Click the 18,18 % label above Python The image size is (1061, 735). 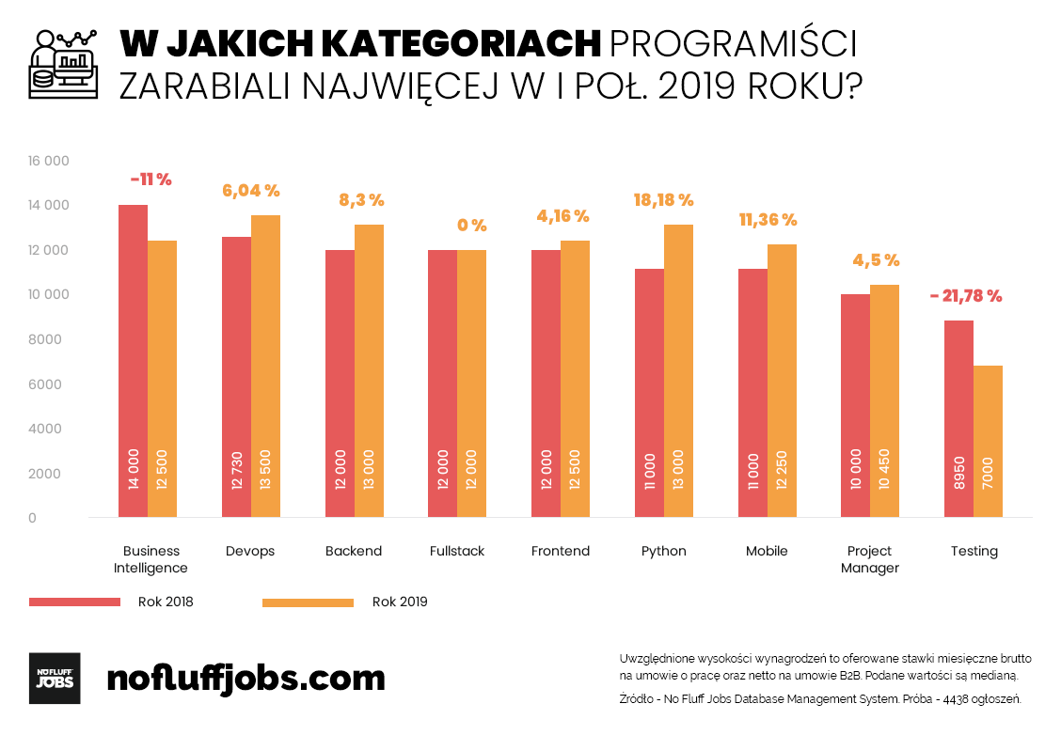(x=663, y=200)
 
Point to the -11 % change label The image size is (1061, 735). (x=150, y=180)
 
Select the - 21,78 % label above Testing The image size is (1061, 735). (x=966, y=296)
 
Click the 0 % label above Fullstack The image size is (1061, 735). (x=471, y=226)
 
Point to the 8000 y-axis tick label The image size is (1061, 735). (x=45, y=339)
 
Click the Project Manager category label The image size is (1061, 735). (x=869, y=559)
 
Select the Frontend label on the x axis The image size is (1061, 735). (x=560, y=551)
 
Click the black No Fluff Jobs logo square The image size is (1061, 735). (x=55, y=678)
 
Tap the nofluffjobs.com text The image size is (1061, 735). (x=246, y=678)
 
